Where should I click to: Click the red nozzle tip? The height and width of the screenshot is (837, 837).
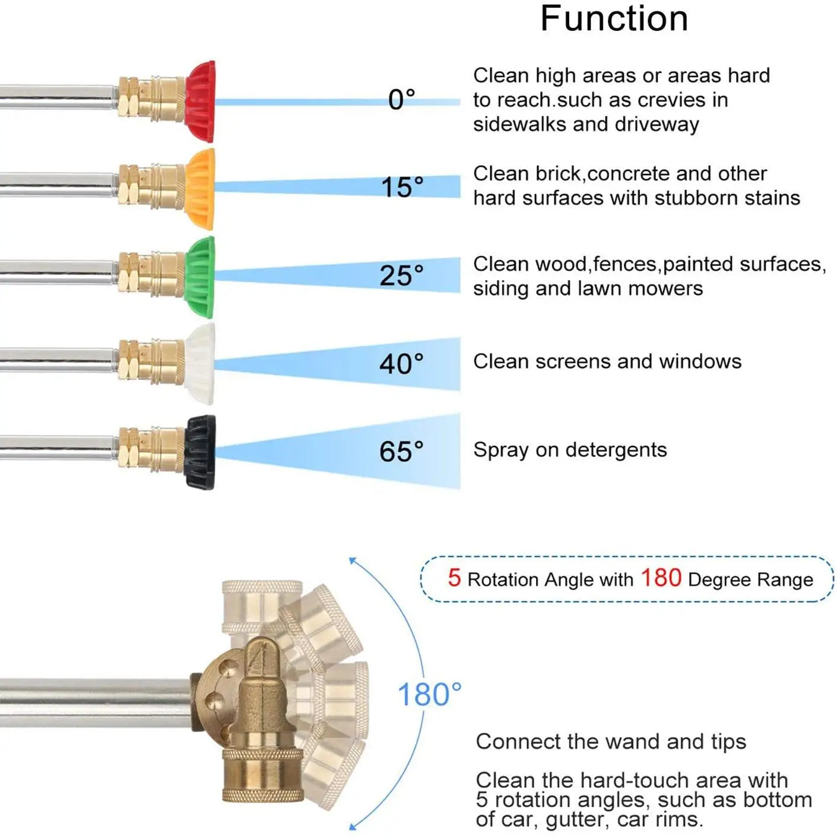pos(201,102)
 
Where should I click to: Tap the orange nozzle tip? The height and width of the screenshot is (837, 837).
pos(201,189)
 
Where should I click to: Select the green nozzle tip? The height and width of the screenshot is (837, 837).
pos(200,277)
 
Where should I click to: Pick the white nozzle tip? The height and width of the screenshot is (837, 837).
pos(200,364)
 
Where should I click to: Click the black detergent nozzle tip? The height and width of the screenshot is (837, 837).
pos(200,452)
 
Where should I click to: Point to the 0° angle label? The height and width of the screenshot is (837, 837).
pos(402,100)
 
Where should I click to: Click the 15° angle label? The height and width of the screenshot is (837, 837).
pos(402,187)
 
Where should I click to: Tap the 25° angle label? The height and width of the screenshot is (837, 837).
pos(402,275)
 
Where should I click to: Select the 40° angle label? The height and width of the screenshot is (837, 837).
pos(402,363)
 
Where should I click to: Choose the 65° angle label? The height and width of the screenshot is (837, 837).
pos(402,451)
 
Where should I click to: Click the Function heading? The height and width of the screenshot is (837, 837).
pos(614,18)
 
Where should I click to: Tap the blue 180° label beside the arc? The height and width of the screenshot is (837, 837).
pos(430,695)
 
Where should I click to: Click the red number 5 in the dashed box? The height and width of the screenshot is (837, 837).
pos(454,578)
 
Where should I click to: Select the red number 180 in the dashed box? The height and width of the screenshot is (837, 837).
pos(661,578)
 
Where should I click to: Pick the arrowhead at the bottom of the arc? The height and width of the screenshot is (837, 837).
pos(353,825)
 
